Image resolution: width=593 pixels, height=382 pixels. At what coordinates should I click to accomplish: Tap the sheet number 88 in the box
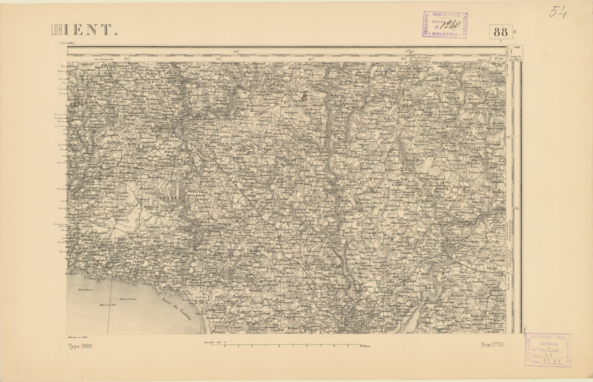tap(500, 31)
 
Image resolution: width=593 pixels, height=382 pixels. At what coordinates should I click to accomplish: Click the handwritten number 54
tap(558, 12)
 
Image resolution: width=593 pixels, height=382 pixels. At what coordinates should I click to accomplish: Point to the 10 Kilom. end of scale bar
tap(364, 345)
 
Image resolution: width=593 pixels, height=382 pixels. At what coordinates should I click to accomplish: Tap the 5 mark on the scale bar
tap(294, 345)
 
